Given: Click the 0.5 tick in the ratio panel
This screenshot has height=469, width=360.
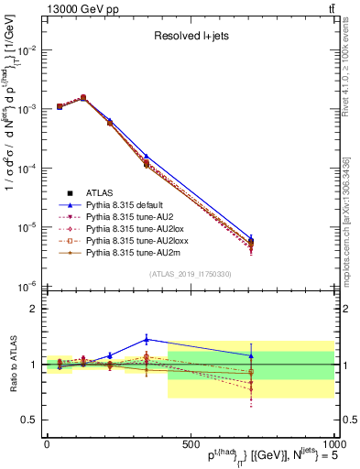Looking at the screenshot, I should (30, 419).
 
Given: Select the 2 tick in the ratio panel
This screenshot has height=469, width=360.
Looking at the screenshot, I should (35, 309).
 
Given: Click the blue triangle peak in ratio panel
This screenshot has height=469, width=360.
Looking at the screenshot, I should (147, 339).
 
